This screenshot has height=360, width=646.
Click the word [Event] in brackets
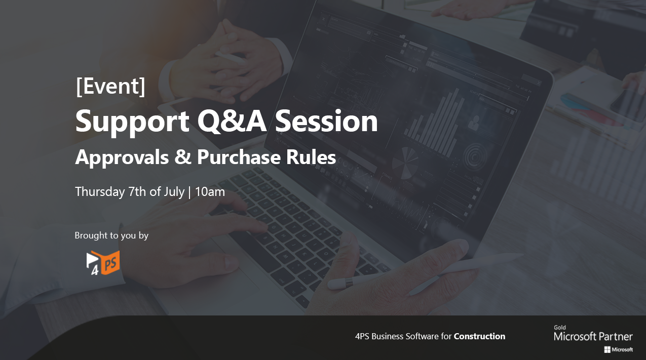(x=110, y=86)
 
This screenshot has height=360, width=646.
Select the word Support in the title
(x=132, y=122)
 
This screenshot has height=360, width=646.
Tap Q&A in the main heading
(x=232, y=121)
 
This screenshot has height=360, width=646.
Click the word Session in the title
(x=326, y=121)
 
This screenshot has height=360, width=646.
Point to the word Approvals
(x=122, y=157)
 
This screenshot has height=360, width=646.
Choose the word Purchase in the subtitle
(x=239, y=157)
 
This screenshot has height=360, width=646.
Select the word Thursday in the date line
(x=100, y=192)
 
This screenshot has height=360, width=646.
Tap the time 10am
(x=210, y=192)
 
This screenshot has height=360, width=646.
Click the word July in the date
(x=174, y=192)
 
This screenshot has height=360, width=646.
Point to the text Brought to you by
(x=111, y=236)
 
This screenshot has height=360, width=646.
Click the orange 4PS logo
(x=103, y=263)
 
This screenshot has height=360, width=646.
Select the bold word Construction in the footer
(x=479, y=336)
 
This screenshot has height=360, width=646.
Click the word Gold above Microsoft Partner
(x=560, y=328)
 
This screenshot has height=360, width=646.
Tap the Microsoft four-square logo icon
(x=607, y=350)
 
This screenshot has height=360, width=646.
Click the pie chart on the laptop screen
(x=405, y=163)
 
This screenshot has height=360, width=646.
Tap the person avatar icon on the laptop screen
(x=474, y=123)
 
